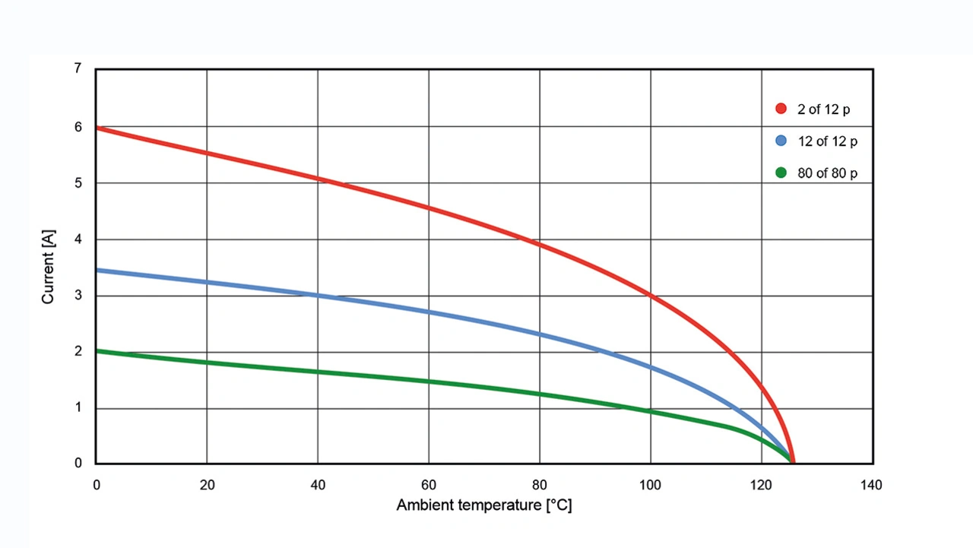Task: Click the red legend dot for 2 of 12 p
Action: [781, 109]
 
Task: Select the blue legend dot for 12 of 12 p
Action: [781, 141]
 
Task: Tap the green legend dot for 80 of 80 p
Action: [781, 173]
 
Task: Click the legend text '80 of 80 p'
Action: [827, 173]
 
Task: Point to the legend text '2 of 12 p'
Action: [824, 109]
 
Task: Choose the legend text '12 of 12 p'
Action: [827, 141]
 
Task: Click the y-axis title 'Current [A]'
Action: [48, 266]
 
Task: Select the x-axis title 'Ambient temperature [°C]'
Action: [483, 505]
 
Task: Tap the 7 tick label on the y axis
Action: [78, 68]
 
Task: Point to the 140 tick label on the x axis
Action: [871, 485]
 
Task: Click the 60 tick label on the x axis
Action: [429, 485]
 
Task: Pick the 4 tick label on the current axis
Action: [78, 239]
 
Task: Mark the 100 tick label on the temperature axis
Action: [650, 485]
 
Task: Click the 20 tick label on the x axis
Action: [207, 485]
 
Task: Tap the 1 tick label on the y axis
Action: [78, 408]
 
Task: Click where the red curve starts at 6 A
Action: [97, 128]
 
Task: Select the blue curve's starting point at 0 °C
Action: [97, 270]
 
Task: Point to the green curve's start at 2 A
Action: [97, 350]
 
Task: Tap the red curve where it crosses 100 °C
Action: [651, 295]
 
